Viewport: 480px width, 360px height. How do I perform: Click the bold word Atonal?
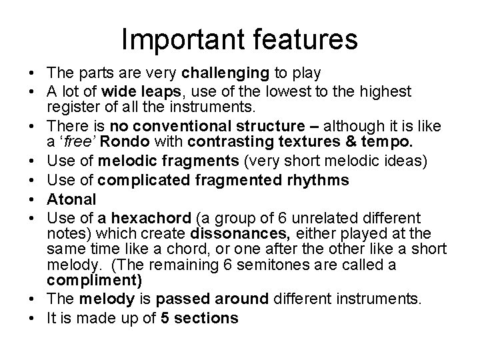click(71, 199)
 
